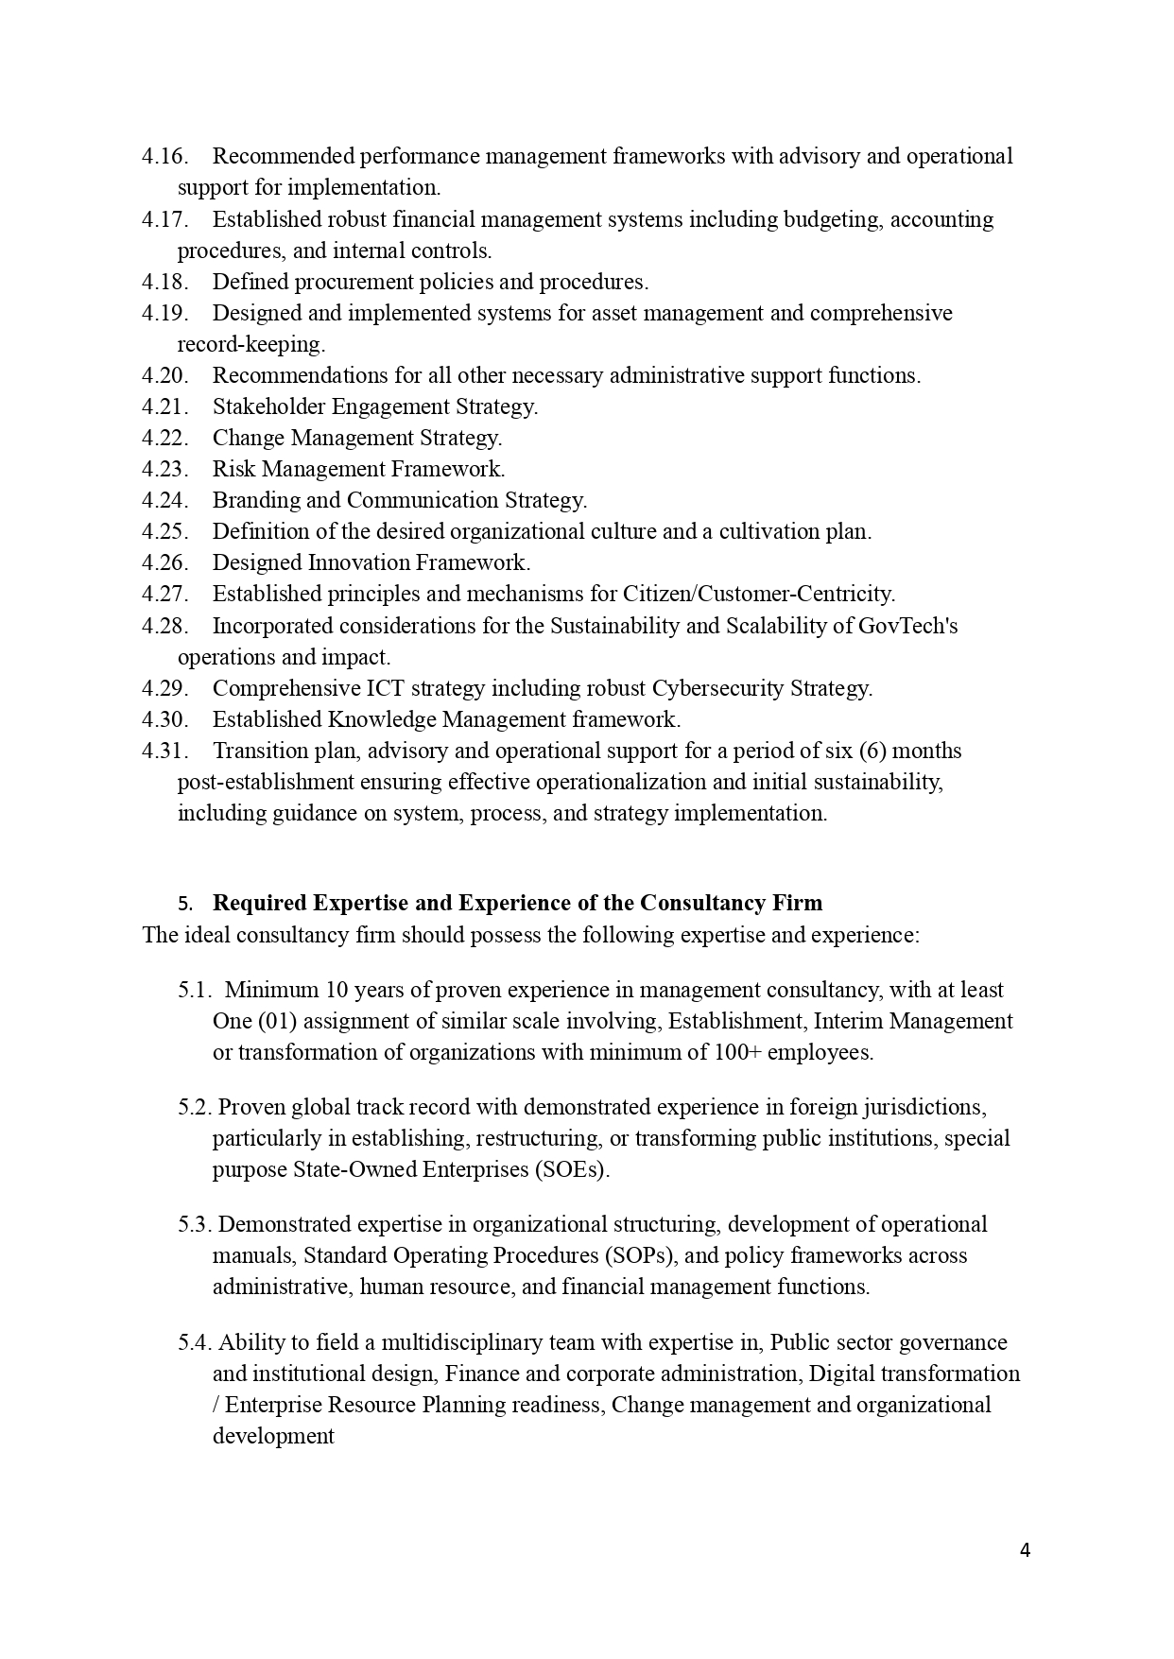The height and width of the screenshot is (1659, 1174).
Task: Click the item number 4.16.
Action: (x=164, y=156)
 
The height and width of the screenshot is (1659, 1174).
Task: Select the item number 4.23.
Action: (x=164, y=469)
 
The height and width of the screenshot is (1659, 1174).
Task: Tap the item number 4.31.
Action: (x=164, y=751)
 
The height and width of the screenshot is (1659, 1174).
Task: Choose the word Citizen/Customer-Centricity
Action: (x=758, y=594)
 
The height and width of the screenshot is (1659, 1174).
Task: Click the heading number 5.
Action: (x=184, y=904)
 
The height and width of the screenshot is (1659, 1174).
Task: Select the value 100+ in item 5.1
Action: (x=738, y=1052)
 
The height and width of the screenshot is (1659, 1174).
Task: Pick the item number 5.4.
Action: (x=195, y=1342)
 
